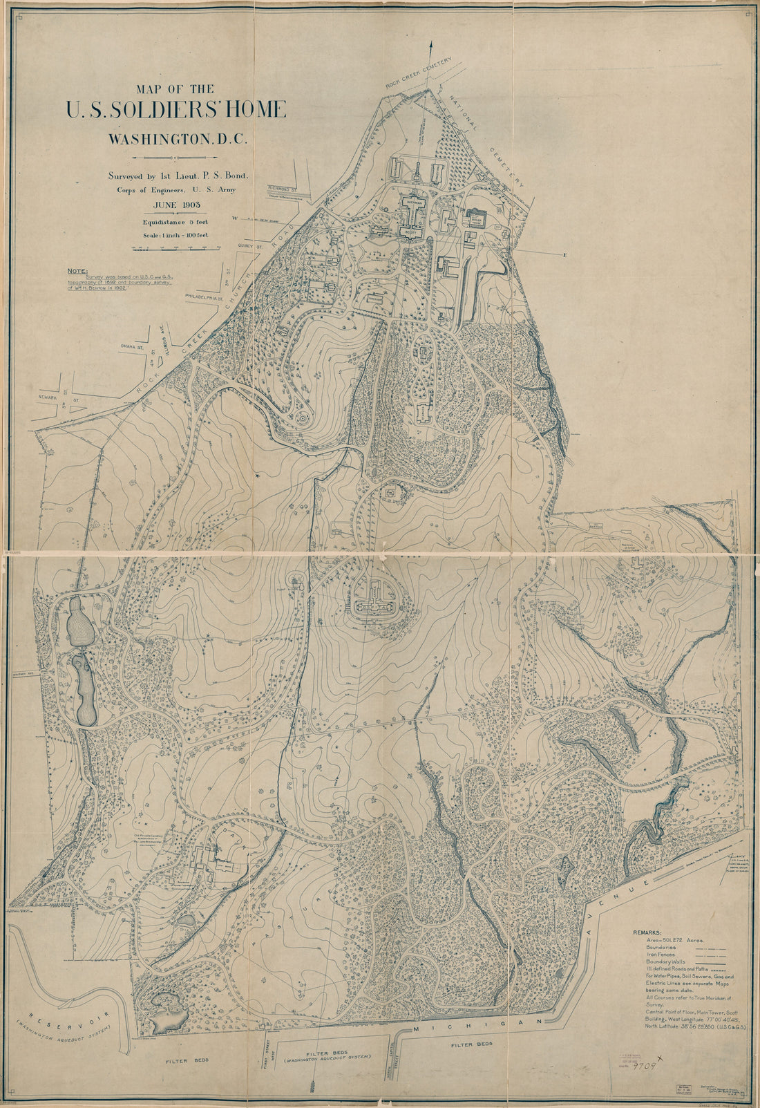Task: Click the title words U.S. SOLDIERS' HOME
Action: click(x=175, y=111)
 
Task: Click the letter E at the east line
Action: click(x=564, y=256)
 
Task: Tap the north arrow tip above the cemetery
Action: click(x=431, y=43)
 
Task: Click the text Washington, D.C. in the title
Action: click(x=177, y=138)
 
